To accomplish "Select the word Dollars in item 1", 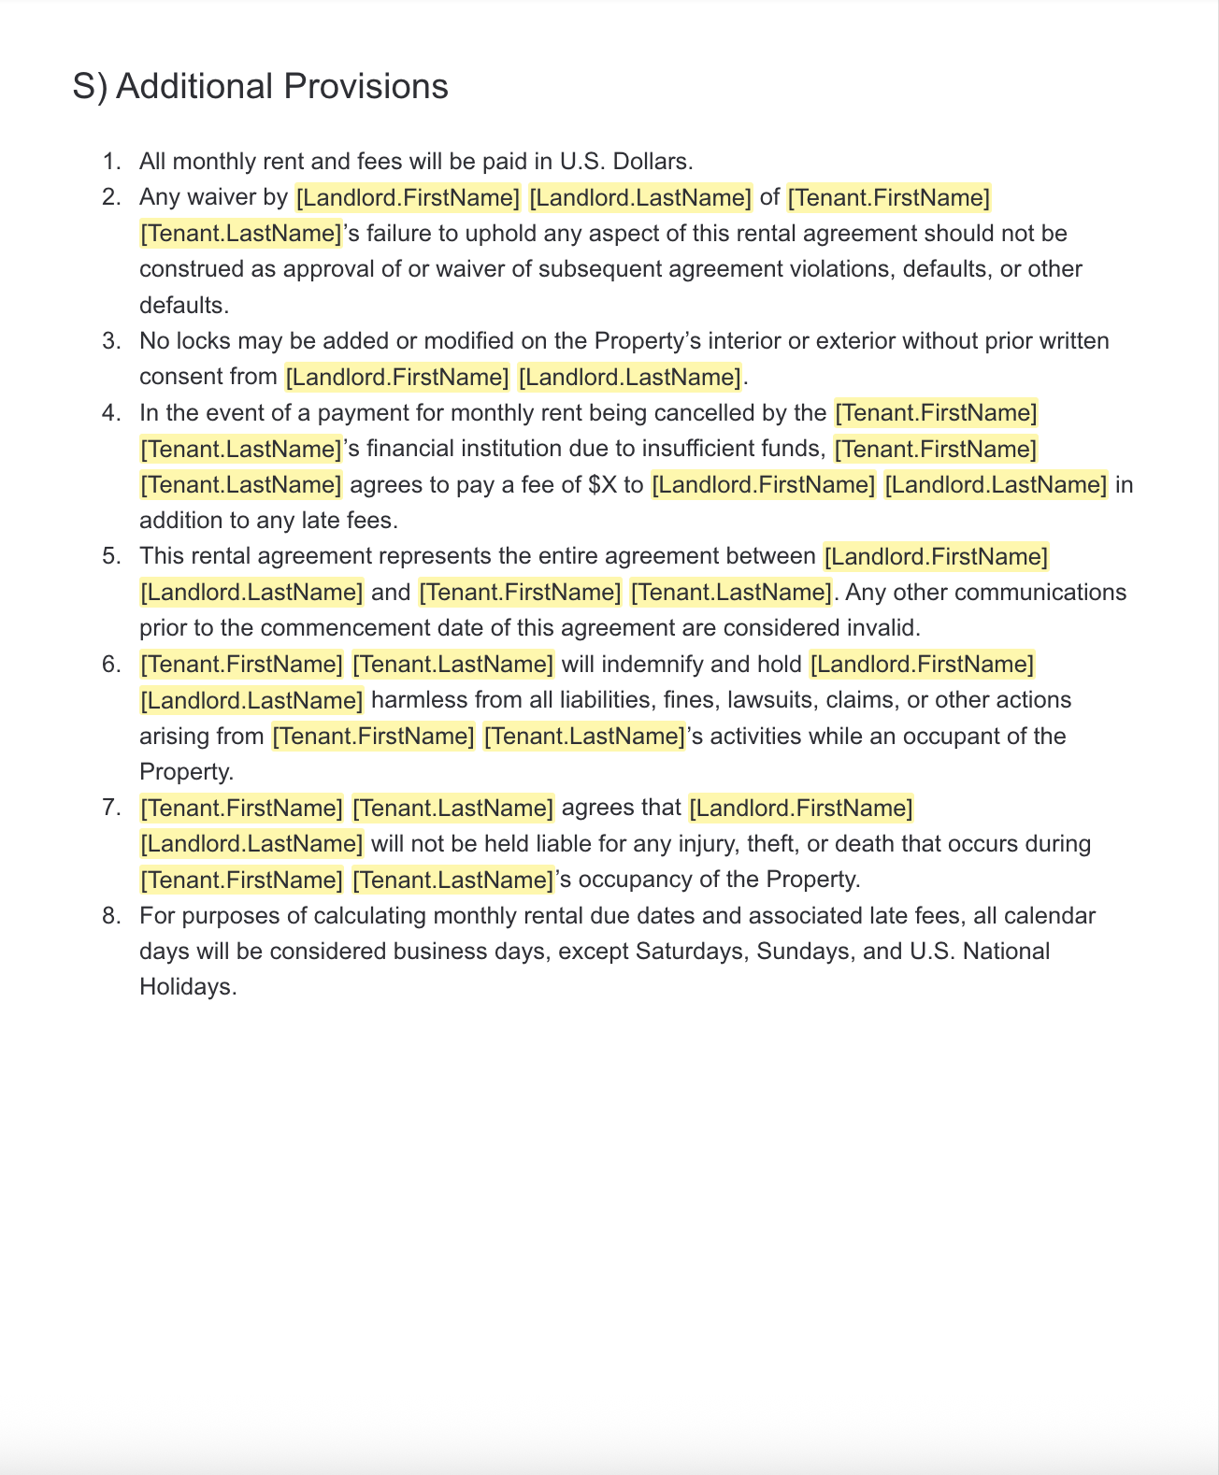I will point(652,162).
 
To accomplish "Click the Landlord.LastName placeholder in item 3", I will point(629,377).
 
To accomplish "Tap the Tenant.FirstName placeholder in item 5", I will point(521,593).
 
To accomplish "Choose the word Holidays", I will point(186,987).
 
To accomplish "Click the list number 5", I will point(111,556).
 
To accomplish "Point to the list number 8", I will point(111,915).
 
